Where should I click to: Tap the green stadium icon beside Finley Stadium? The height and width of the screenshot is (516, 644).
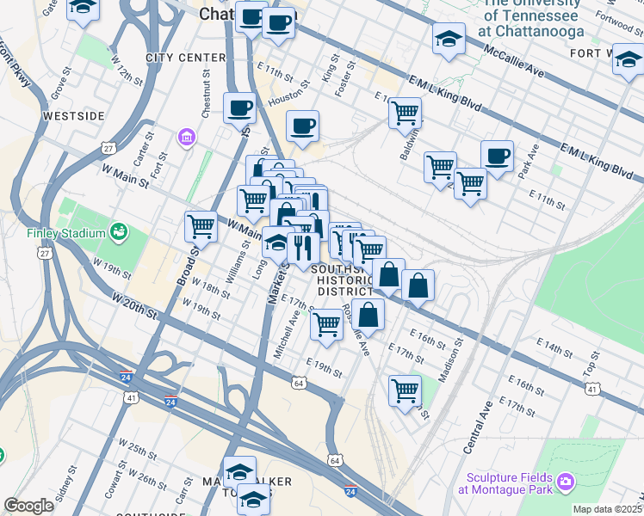119,232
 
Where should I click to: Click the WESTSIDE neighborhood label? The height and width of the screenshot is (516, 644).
75,115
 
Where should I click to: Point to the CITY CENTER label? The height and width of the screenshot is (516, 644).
185,58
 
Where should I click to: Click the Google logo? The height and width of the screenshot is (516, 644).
28,506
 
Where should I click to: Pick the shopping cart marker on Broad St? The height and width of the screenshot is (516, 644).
201,227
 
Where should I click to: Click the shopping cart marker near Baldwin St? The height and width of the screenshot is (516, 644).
405,112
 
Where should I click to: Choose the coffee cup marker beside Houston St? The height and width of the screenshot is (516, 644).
302,126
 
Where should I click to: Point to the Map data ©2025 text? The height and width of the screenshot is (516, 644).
607,509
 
